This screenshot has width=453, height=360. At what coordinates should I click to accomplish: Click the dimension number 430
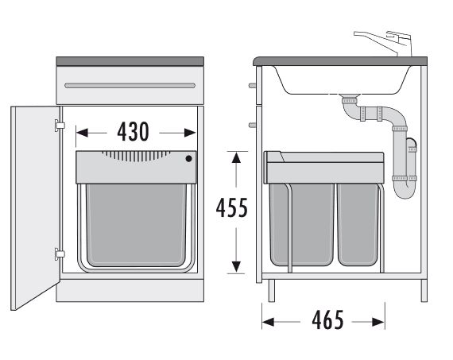click(133, 132)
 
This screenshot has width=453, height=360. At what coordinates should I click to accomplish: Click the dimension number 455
click(232, 207)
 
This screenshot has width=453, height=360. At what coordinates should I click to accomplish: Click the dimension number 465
click(328, 319)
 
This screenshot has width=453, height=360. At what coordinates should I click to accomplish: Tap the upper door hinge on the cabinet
click(60, 126)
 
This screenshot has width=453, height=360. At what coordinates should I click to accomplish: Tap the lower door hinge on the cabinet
click(60, 254)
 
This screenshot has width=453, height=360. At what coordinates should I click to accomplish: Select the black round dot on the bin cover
click(188, 158)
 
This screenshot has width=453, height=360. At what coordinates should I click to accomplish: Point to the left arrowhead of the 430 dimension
click(82, 133)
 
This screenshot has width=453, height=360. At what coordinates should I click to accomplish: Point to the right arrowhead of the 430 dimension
click(190, 133)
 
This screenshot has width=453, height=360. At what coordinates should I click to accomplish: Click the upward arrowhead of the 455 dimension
click(236, 157)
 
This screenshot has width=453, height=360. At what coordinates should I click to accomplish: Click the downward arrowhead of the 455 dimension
click(236, 267)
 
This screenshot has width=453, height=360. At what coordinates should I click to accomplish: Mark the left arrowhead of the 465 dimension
click(268, 322)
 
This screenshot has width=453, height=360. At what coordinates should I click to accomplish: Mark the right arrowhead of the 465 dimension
click(378, 322)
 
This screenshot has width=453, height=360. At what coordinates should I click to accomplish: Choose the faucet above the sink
click(384, 43)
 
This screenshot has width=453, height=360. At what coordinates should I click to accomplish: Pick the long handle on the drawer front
click(130, 86)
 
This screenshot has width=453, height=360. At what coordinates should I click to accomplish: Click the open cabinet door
click(35, 207)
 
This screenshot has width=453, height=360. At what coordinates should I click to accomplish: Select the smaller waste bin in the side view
click(358, 224)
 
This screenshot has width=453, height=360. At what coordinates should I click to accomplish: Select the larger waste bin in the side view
click(302, 224)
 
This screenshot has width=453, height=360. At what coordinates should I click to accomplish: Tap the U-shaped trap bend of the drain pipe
click(405, 188)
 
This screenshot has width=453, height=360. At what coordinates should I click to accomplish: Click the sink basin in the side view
click(343, 80)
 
